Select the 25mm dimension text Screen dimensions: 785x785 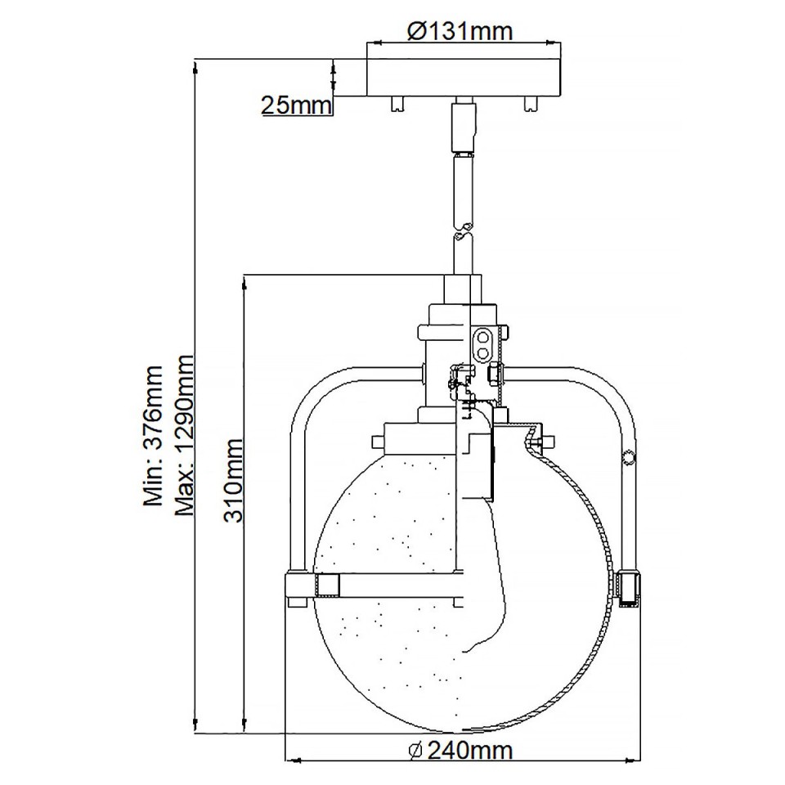coord(295,105)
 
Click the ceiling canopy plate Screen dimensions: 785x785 coord(463,78)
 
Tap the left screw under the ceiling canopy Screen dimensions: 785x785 coord(397,104)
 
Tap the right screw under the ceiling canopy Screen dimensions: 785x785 coord(530,104)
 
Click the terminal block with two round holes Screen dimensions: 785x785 coord(485,344)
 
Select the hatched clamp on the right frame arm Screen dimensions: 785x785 coord(628,589)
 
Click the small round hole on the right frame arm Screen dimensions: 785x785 coord(629,457)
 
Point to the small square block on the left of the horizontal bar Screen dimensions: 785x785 coord(328,585)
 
